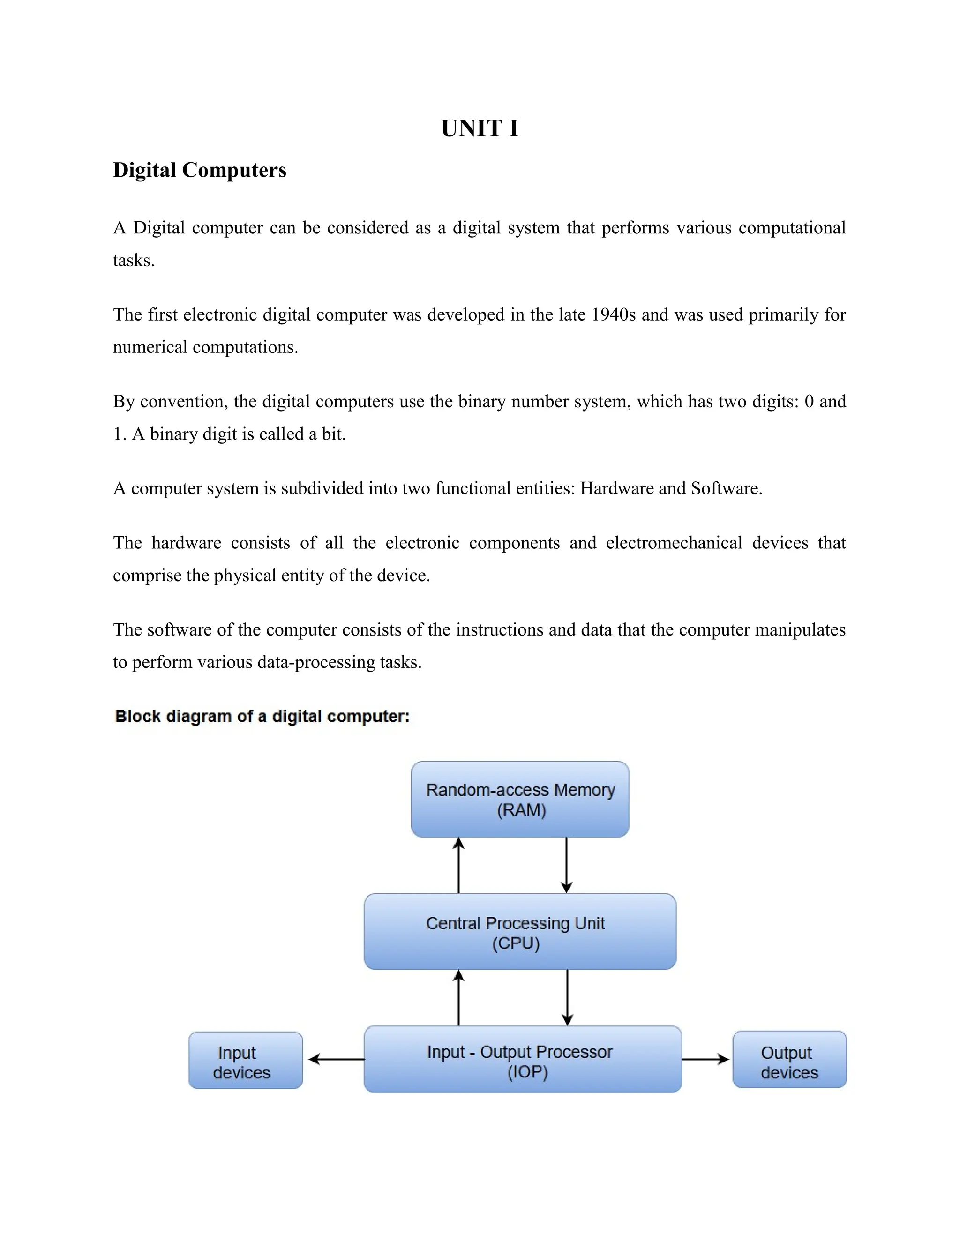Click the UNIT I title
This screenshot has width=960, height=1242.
[x=480, y=128]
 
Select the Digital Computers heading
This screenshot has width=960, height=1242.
[x=200, y=170]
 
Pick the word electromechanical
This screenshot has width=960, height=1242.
[x=674, y=543]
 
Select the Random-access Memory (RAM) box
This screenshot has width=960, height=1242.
[x=520, y=799]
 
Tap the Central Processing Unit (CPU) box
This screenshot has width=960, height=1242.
[x=520, y=932]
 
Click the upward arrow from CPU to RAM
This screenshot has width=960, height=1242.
[x=459, y=865]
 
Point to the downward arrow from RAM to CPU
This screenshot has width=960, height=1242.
[x=566, y=865]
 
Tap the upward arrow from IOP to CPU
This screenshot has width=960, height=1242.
[x=459, y=998]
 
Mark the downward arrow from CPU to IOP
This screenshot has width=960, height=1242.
[x=567, y=998]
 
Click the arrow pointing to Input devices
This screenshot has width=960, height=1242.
[x=336, y=1059]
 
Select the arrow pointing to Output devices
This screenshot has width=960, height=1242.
[x=705, y=1059]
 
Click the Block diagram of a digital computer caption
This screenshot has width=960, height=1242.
[x=262, y=717]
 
